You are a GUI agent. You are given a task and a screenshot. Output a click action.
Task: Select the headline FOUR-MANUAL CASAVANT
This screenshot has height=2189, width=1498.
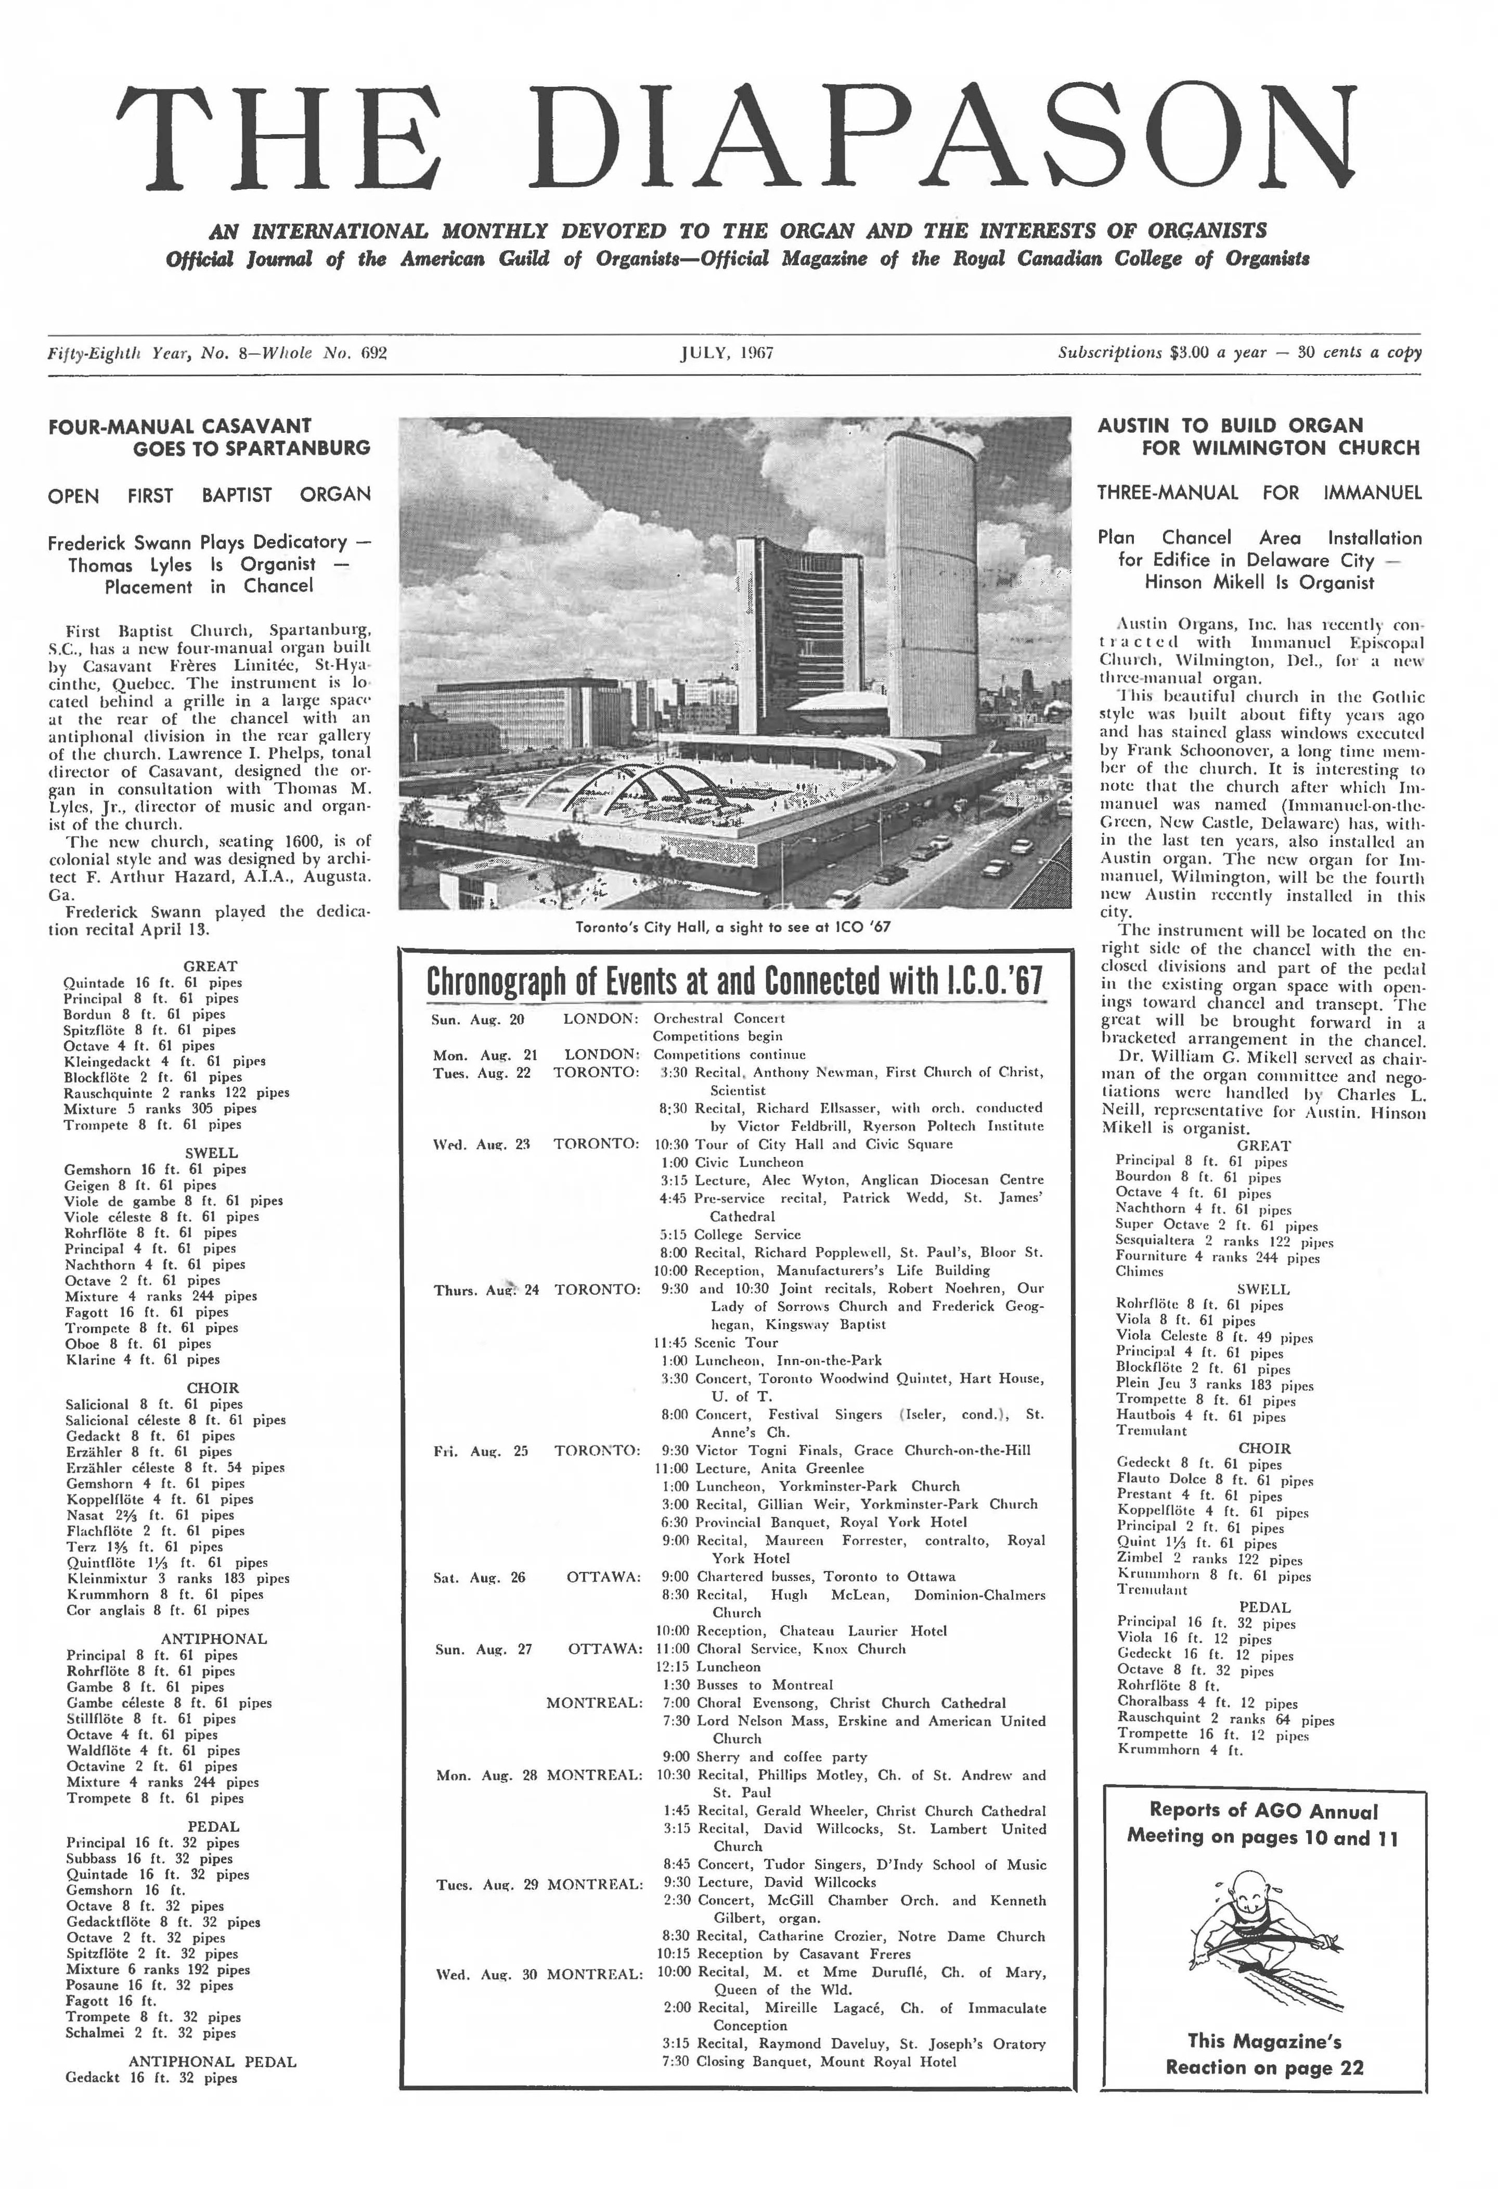[180, 426]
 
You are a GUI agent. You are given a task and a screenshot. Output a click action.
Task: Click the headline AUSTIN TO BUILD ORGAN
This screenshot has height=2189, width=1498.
[1231, 426]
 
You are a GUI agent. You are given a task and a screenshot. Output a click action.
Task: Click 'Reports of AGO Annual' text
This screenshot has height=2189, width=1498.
[1262, 1810]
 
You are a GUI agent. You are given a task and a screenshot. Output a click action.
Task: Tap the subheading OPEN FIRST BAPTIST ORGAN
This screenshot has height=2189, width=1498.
[209, 495]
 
